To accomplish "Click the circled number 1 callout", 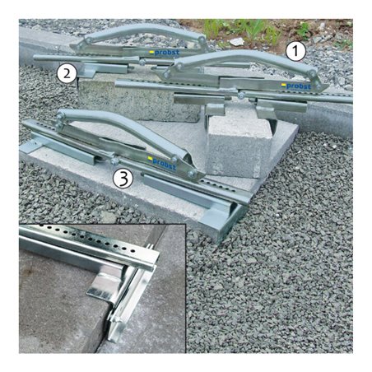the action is click(295, 51).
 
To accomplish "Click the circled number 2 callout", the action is click(67, 73).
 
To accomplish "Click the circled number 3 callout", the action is click(123, 179).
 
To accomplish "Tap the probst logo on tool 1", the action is click(296, 86).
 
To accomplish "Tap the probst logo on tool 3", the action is click(162, 163).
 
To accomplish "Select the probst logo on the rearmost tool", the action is click(164, 52).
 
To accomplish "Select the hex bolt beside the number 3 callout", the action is click(114, 161).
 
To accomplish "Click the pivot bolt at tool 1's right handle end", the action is click(312, 73).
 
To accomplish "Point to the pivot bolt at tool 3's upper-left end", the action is click(59, 117).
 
